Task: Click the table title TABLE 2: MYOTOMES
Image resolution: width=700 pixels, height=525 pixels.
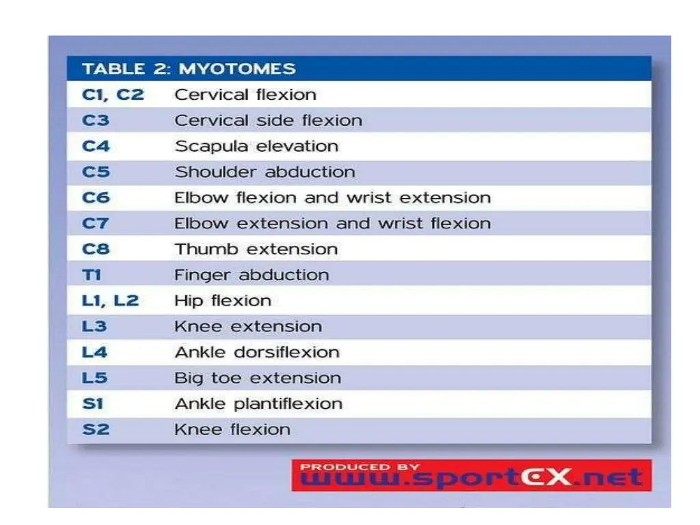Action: pos(189,69)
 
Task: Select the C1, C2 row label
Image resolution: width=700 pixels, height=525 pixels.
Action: pos(113,94)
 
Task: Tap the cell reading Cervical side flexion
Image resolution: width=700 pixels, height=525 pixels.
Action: pos(268,120)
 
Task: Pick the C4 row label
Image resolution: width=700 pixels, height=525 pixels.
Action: pos(96,146)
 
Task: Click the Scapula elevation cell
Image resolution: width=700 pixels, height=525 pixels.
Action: pos(256,146)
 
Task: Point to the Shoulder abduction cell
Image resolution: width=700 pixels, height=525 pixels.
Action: pos(265,172)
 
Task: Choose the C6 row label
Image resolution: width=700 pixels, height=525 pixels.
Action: pos(96,198)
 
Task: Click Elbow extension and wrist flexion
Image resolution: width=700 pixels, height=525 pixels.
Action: pos(332,224)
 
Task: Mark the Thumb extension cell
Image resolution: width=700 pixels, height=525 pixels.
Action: pos(256,250)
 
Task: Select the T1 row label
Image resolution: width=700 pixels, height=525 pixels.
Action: pos(92,275)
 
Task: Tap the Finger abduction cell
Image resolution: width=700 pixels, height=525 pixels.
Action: pos(252,275)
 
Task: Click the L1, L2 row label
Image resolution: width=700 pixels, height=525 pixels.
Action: pos(110,301)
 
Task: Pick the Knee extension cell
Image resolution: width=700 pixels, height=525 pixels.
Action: pos(248,327)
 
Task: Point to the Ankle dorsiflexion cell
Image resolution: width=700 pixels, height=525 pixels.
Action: pos(257,353)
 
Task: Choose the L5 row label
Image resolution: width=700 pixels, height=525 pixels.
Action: pos(95,378)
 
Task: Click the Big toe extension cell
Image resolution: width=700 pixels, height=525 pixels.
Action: pos(258,378)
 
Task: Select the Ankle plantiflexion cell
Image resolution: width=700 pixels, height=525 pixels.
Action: pos(258,404)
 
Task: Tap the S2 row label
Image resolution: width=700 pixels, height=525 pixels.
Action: pos(96,430)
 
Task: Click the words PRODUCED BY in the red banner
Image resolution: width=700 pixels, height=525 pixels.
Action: pos(360,467)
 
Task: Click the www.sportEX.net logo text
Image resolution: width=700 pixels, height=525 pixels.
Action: pos(472,479)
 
